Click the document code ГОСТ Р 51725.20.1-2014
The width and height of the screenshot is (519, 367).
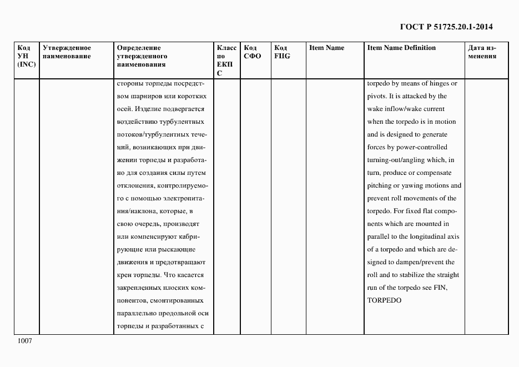point(446,27)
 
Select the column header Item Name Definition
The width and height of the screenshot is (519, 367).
point(401,48)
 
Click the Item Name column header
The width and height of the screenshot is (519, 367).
point(326,48)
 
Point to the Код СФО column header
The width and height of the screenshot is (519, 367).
point(253,52)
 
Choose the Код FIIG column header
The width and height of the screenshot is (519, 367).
point(283,52)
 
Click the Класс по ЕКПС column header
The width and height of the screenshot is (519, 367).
point(226,60)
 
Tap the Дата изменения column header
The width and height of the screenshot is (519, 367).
point(482,52)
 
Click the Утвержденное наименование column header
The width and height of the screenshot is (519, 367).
point(67,52)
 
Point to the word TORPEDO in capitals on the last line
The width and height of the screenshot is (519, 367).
point(384,300)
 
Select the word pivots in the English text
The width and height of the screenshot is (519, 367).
point(377,97)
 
